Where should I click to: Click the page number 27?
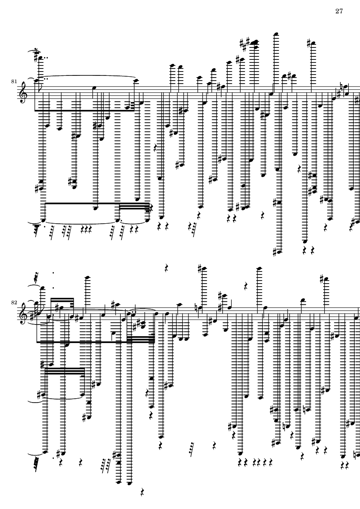(x=339, y=11)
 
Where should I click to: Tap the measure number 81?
(x=14, y=81)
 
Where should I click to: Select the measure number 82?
(x=14, y=302)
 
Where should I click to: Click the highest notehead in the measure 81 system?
(x=276, y=34)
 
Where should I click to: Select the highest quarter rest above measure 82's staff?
(x=167, y=268)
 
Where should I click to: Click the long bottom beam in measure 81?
(x=97, y=203)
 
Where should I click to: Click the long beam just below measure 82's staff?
(x=95, y=341)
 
